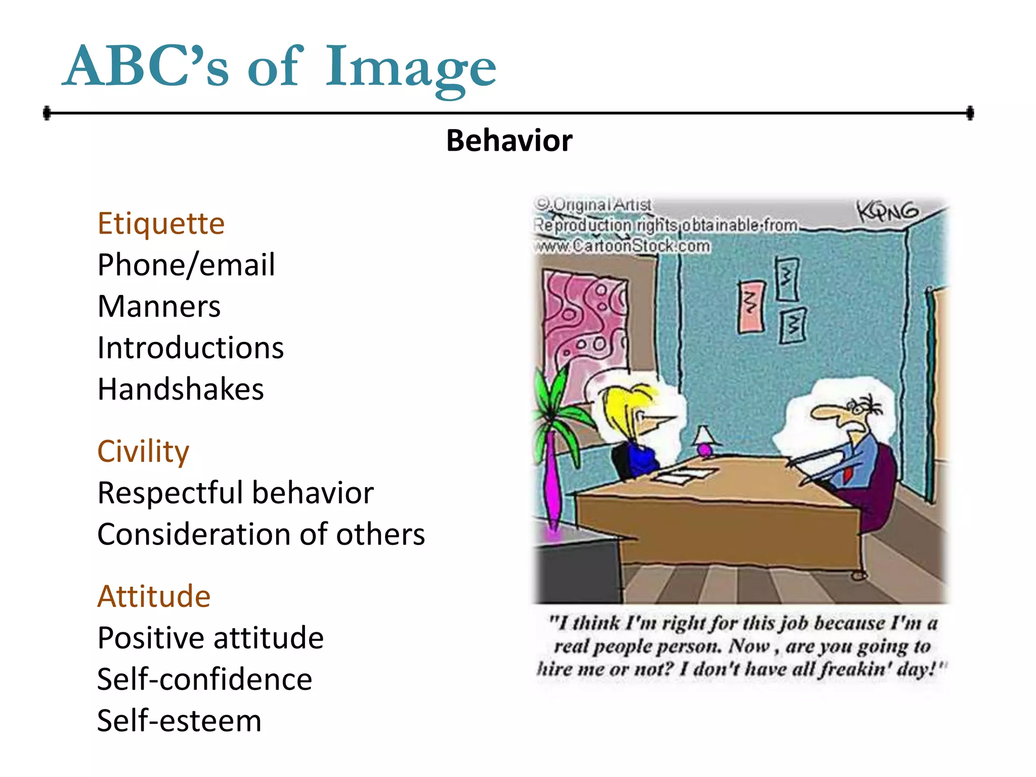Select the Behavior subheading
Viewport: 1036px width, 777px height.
coord(509,141)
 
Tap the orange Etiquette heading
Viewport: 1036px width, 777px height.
coord(161,224)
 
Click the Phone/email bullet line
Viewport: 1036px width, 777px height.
coord(186,265)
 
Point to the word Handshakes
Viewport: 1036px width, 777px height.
coord(181,390)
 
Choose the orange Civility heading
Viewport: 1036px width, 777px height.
coord(143,451)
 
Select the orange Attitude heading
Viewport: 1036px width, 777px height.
coord(154,596)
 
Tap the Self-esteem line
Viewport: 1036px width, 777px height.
coord(179,721)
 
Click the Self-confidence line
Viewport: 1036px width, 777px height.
coord(204,679)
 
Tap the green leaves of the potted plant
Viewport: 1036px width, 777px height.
coord(554,400)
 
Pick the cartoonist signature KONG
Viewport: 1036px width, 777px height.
coord(888,211)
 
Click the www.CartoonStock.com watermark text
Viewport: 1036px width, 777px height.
coord(622,246)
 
